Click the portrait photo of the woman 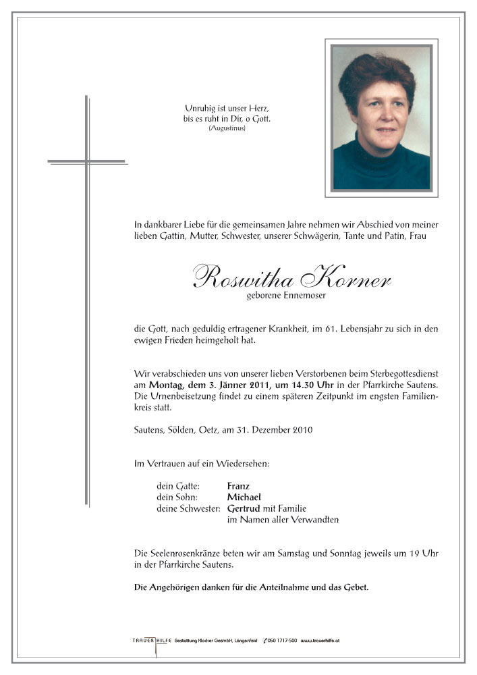pyautogui.click(x=381, y=117)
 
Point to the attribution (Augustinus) pyautogui.click(x=226, y=128)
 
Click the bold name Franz pyautogui.click(x=239, y=485)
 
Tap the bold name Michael pyautogui.click(x=244, y=497)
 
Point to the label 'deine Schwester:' pyautogui.click(x=187, y=508)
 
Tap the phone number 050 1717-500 pyautogui.click(x=281, y=639)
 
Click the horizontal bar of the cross pyautogui.click(x=87, y=161)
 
